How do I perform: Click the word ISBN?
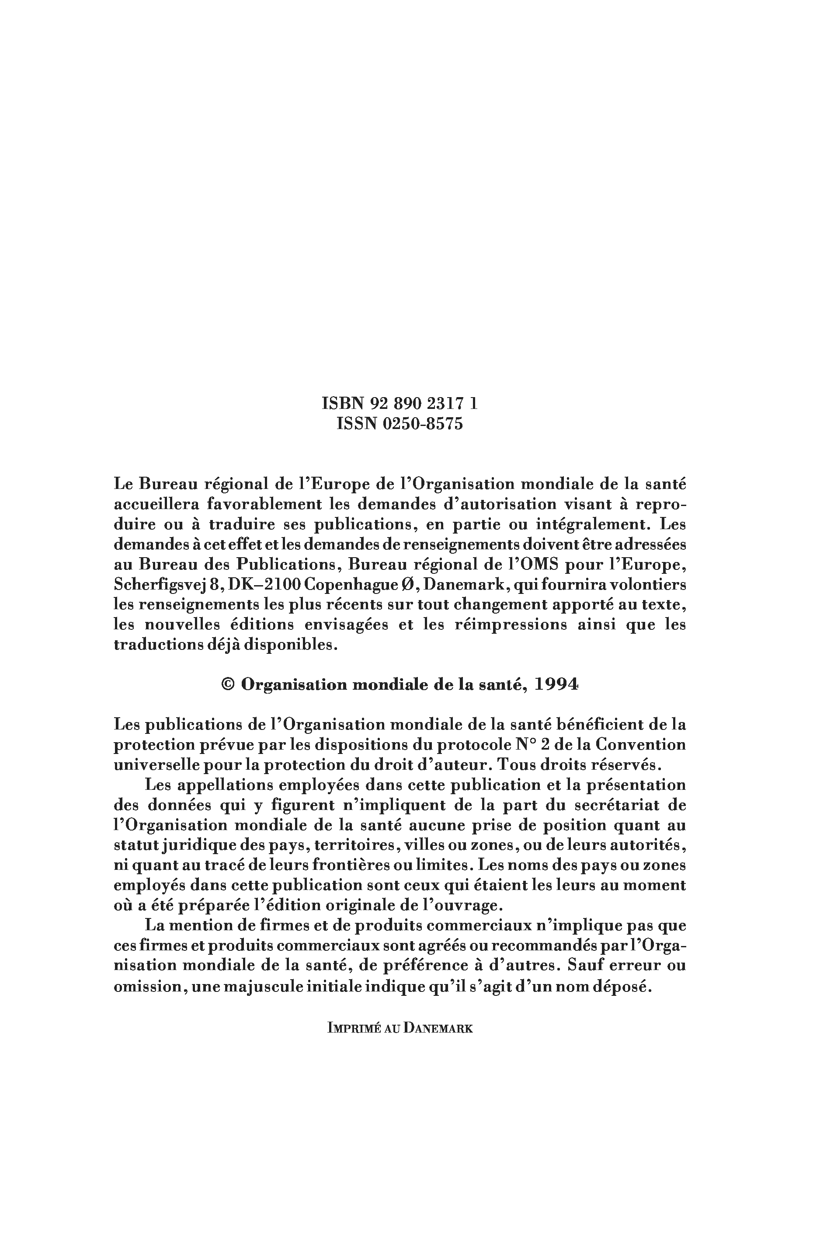pyautogui.click(x=343, y=404)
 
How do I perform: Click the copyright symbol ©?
pyautogui.click(x=228, y=685)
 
